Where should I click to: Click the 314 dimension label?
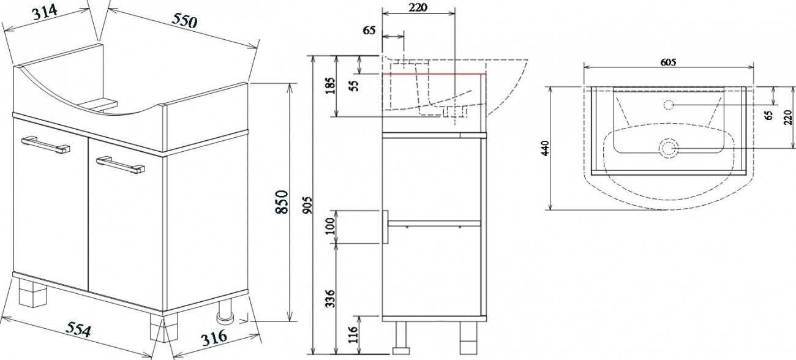coord(45,13)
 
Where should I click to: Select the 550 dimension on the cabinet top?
coord(184,21)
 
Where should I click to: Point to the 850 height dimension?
coord(282,201)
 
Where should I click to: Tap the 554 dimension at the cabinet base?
coord(79,329)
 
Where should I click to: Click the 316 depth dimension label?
coord(214,337)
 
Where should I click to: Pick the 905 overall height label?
coord(308,205)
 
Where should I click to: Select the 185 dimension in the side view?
coord(331,86)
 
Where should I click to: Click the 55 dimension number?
coord(354,86)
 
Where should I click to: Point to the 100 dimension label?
coord(331,226)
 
